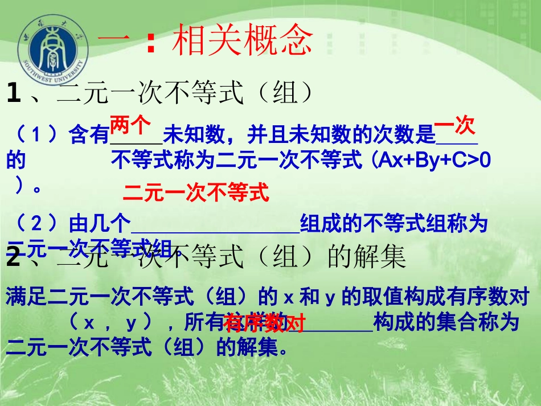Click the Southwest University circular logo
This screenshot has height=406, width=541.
[x=52, y=48]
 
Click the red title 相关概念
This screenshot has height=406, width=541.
[x=242, y=40]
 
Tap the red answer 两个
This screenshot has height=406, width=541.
[x=130, y=123]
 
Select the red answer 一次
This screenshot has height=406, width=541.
[x=454, y=125]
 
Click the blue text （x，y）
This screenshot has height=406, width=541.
[x=110, y=323]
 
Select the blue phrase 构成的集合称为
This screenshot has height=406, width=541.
[x=446, y=323]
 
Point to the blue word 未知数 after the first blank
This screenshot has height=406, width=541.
[x=194, y=136]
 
